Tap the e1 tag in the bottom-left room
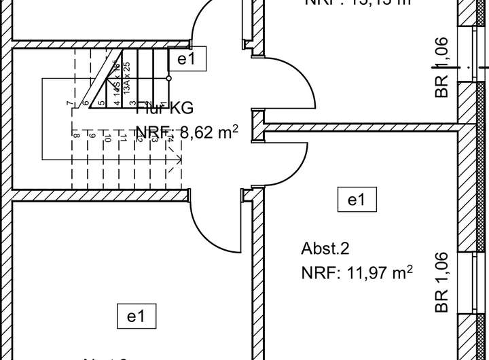pos(136,316)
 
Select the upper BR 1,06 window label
pos(442,67)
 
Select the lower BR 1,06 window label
pos(442,282)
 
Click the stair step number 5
pos(101,103)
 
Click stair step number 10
pos(107,139)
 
